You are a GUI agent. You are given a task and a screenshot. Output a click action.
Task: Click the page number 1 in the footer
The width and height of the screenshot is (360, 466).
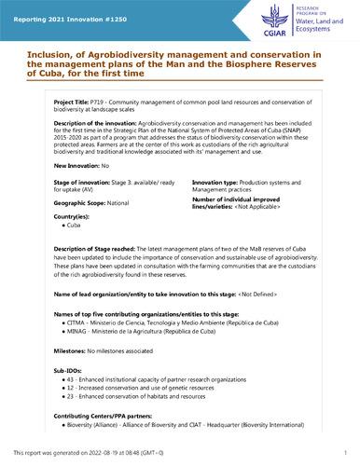point(344,451)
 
